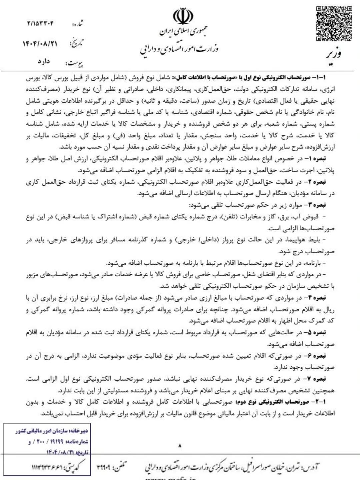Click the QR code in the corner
(x=334, y=23)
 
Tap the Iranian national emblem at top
(x=183, y=16)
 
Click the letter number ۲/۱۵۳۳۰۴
(x=40, y=24)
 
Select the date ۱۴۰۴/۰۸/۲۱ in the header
(x=40, y=44)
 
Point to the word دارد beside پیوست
(x=43, y=62)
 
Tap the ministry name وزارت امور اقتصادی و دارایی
(x=179, y=49)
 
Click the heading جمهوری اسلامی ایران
(x=183, y=32)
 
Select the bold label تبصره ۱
(x=324, y=159)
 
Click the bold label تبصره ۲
(x=324, y=182)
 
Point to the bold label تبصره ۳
(x=324, y=205)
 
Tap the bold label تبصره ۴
(x=324, y=298)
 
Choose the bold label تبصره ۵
(x=324, y=333)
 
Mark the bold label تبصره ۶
(x=324, y=356)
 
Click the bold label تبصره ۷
(x=324, y=379)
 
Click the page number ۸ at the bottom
(x=180, y=445)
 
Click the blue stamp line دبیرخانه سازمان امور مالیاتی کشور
(x=52, y=431)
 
